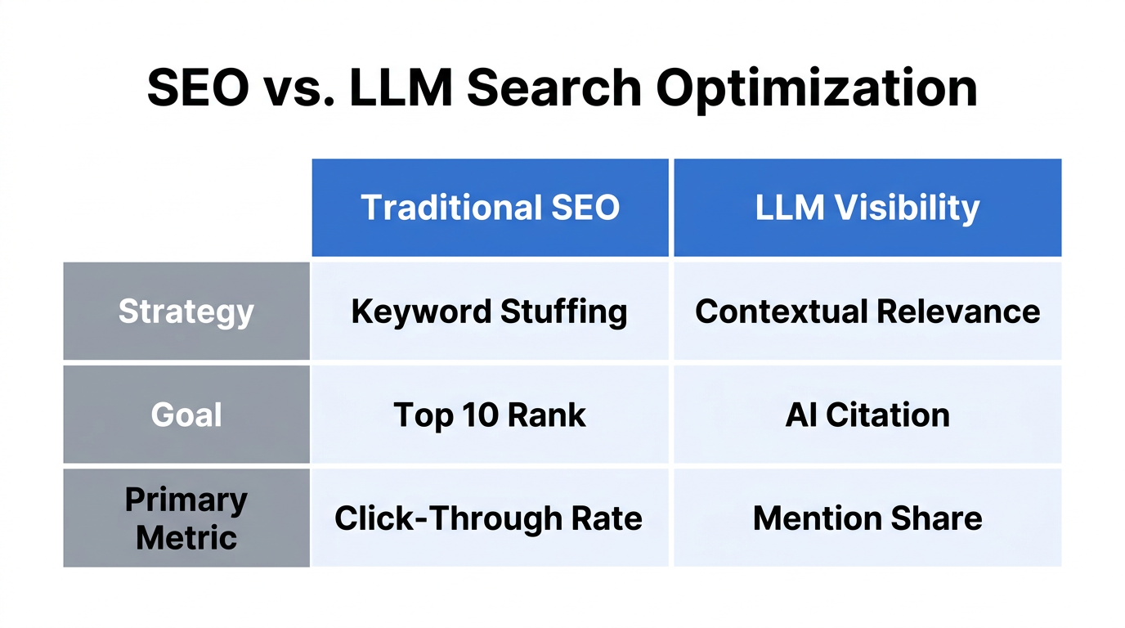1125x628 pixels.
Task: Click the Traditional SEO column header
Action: pos(490,208)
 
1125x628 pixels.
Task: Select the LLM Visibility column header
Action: pos(867,208)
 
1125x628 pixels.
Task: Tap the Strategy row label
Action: pos(186,312)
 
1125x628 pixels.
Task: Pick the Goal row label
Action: pos(186,415)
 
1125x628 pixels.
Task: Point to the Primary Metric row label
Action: pos(186,518)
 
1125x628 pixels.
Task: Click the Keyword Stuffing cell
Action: pos(490,312)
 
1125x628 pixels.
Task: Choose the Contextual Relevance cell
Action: pos(867,312)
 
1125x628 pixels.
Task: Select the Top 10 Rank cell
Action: pos(490,415)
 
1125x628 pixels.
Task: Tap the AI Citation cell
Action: pos(867,415)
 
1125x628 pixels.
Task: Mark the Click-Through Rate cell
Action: pos(490,518)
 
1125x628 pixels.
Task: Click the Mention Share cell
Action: pos(867,518)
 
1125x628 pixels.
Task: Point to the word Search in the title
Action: pos(555,88)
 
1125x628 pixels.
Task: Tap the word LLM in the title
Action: pos(401,88)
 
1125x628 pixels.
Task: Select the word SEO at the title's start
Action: pos(198,88)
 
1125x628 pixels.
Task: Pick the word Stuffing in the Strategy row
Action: pos(563,312)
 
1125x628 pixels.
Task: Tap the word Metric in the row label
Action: pos(186,537)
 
